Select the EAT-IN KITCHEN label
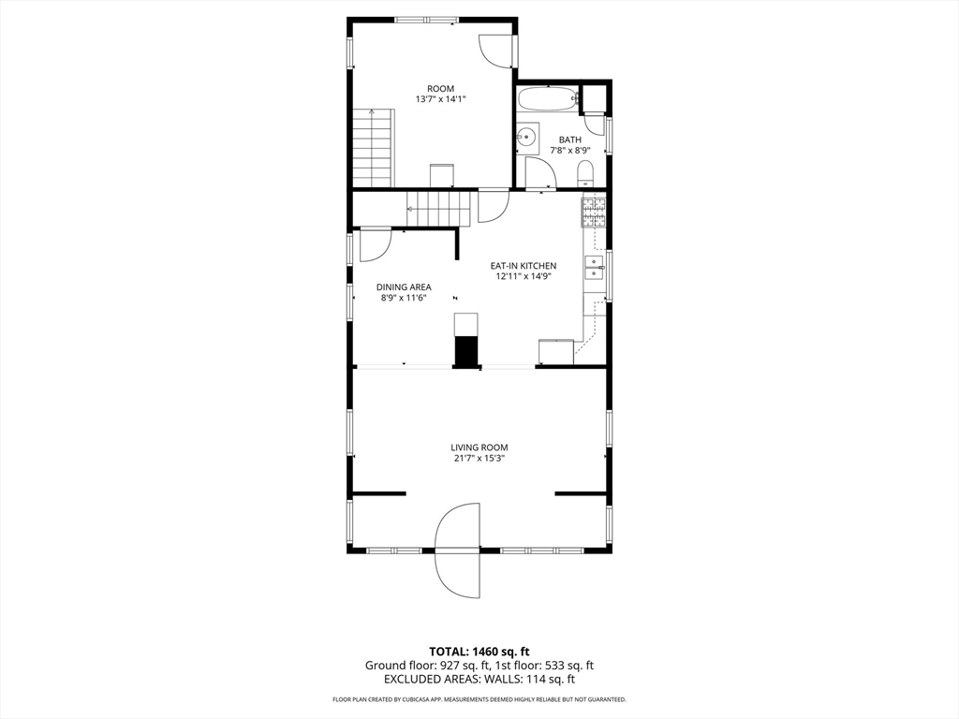pos(524,266)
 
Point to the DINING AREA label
pos(404,287)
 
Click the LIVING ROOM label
pos(479,448)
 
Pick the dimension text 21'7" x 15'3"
pos(479,459)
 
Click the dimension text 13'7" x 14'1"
pos(440,99)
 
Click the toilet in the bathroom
pos(584,172)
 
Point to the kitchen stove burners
pos(594,213)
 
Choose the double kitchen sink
pos(594,268)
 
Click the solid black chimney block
pos(465,351)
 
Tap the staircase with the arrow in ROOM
pos(372,147)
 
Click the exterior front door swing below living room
pos(459,550)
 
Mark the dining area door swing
pos(375,244)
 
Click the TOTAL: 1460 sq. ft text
pos(479,651)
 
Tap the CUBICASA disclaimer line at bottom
pos(479,699)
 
